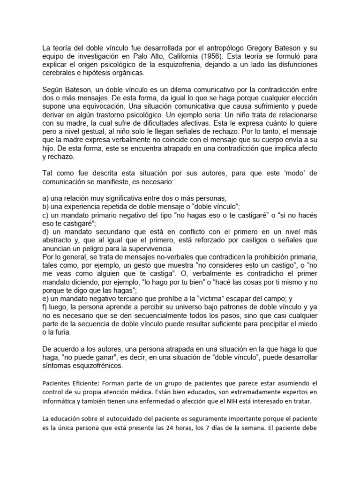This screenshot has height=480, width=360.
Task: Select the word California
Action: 165,56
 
